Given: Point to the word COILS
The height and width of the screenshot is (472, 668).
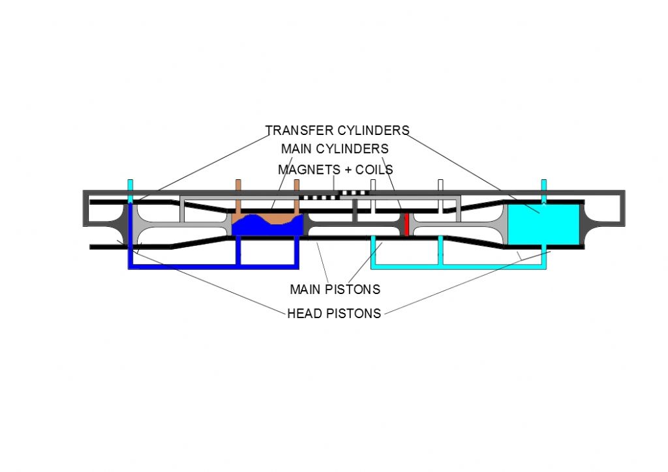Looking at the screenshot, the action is click(374, 170).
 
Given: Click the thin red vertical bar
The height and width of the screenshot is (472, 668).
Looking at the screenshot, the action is click(406, 224).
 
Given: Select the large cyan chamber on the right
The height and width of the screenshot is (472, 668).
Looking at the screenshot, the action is click(543, 224).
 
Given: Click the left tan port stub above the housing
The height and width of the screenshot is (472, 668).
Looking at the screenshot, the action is click(238, 197).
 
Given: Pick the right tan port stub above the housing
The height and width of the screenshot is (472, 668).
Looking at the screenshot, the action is click(297, 197).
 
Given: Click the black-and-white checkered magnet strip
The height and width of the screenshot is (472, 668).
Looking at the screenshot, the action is click(334, 195).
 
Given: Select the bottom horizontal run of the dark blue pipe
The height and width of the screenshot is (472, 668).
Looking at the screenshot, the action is click(214, 267).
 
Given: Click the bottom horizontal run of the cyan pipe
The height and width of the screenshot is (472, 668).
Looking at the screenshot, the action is click(459, 267).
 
